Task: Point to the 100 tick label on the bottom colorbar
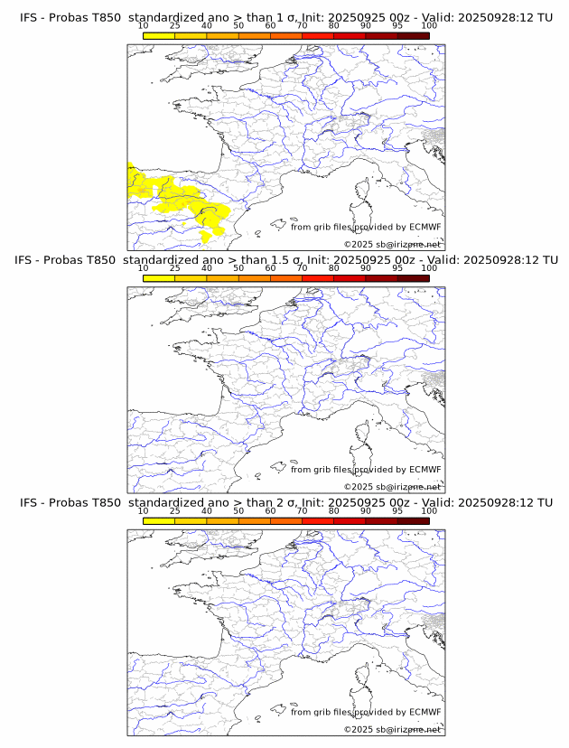click(429, 510)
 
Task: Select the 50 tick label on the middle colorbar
click(238, 267)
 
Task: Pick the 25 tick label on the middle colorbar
click(175, 267)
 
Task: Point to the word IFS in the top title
click(30, 17)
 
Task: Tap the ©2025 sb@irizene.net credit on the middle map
click(392, 487)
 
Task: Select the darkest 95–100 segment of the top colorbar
click(414, 35)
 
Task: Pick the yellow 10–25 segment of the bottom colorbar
click(159, 521)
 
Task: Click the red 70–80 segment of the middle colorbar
click(318, 278)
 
